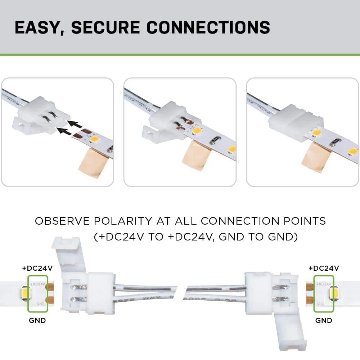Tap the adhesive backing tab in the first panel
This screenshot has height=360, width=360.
click(93, 165)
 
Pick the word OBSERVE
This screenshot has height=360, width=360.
click(58, 221)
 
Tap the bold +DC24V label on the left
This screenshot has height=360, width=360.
click(37, 268)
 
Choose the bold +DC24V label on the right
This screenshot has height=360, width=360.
click(324, 268)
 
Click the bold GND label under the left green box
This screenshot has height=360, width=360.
click(37, 320)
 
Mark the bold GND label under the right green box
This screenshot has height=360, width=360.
click(324, 320)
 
